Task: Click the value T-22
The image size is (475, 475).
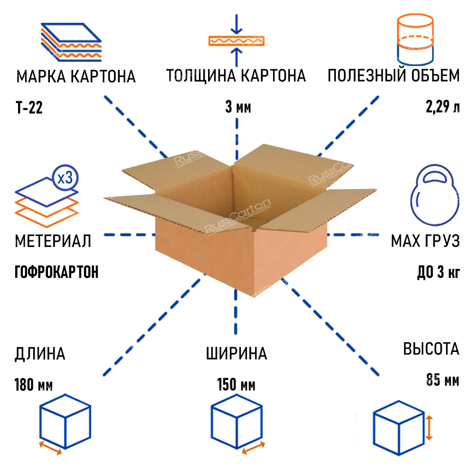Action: click(x=29, y=108)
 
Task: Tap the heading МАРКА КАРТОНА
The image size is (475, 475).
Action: click(x=76, y=76)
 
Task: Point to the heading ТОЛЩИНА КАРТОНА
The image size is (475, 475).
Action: click(x=236, y=76)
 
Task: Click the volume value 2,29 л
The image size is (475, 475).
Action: click(x=443, y=107)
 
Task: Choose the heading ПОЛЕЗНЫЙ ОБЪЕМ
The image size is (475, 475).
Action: click(x=394, y=76)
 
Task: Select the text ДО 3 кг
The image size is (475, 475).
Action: click(x=438, y=273)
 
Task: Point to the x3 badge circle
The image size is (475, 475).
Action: click(x=65, y=178)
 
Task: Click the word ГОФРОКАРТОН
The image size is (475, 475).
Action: click(x=57, y=272)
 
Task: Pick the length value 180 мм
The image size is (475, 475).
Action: click(x=34, y=384)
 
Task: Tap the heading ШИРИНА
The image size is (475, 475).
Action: click(x=237, y=354)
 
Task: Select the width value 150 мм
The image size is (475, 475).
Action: click(x=236, y=384)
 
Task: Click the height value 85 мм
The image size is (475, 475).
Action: click(x=442, y=380)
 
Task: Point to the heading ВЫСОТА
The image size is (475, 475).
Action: click(x=431, y=349)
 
